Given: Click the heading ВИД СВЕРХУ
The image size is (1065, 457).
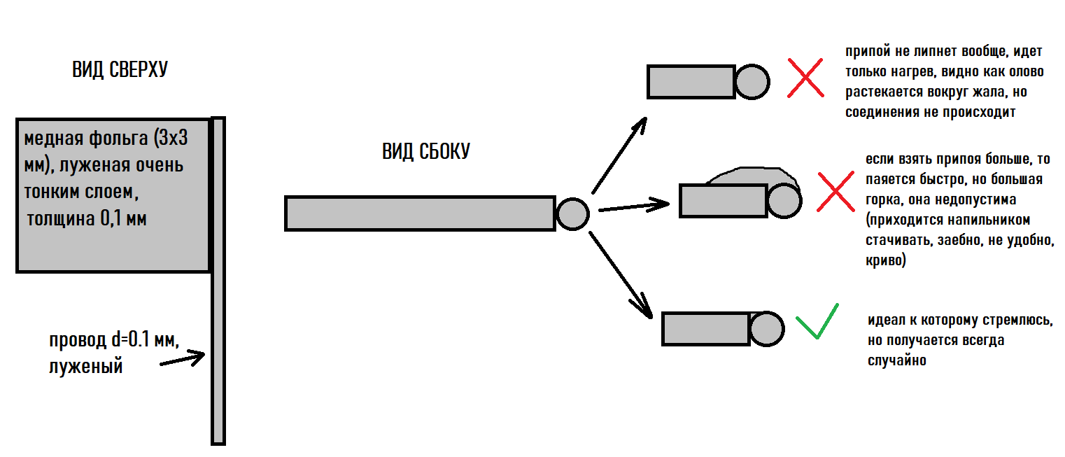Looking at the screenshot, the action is coord(120,69).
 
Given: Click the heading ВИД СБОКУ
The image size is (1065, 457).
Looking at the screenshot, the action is coord(426,151).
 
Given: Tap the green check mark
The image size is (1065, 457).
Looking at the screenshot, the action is coord(817,322).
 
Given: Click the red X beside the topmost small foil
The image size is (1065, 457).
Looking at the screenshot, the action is coord(805,78).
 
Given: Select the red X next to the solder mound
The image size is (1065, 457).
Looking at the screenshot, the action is coord(835,192).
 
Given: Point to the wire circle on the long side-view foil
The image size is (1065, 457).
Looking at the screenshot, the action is coord(572,214).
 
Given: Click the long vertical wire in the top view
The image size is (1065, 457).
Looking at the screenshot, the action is coord(218,281).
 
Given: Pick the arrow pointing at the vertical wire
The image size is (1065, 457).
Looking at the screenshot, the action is coord(183,358).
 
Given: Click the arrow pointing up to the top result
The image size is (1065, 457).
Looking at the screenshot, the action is coord(619,155).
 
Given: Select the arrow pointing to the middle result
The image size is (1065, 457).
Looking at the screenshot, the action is coord(634,206).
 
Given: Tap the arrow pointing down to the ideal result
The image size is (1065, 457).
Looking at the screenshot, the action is coord(621,275).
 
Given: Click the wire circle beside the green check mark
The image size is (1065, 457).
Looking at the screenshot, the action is coord(767,329).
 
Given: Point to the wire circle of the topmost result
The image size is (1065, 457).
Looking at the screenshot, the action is coord(752,82).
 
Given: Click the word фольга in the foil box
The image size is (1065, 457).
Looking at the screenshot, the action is coord(119,139).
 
